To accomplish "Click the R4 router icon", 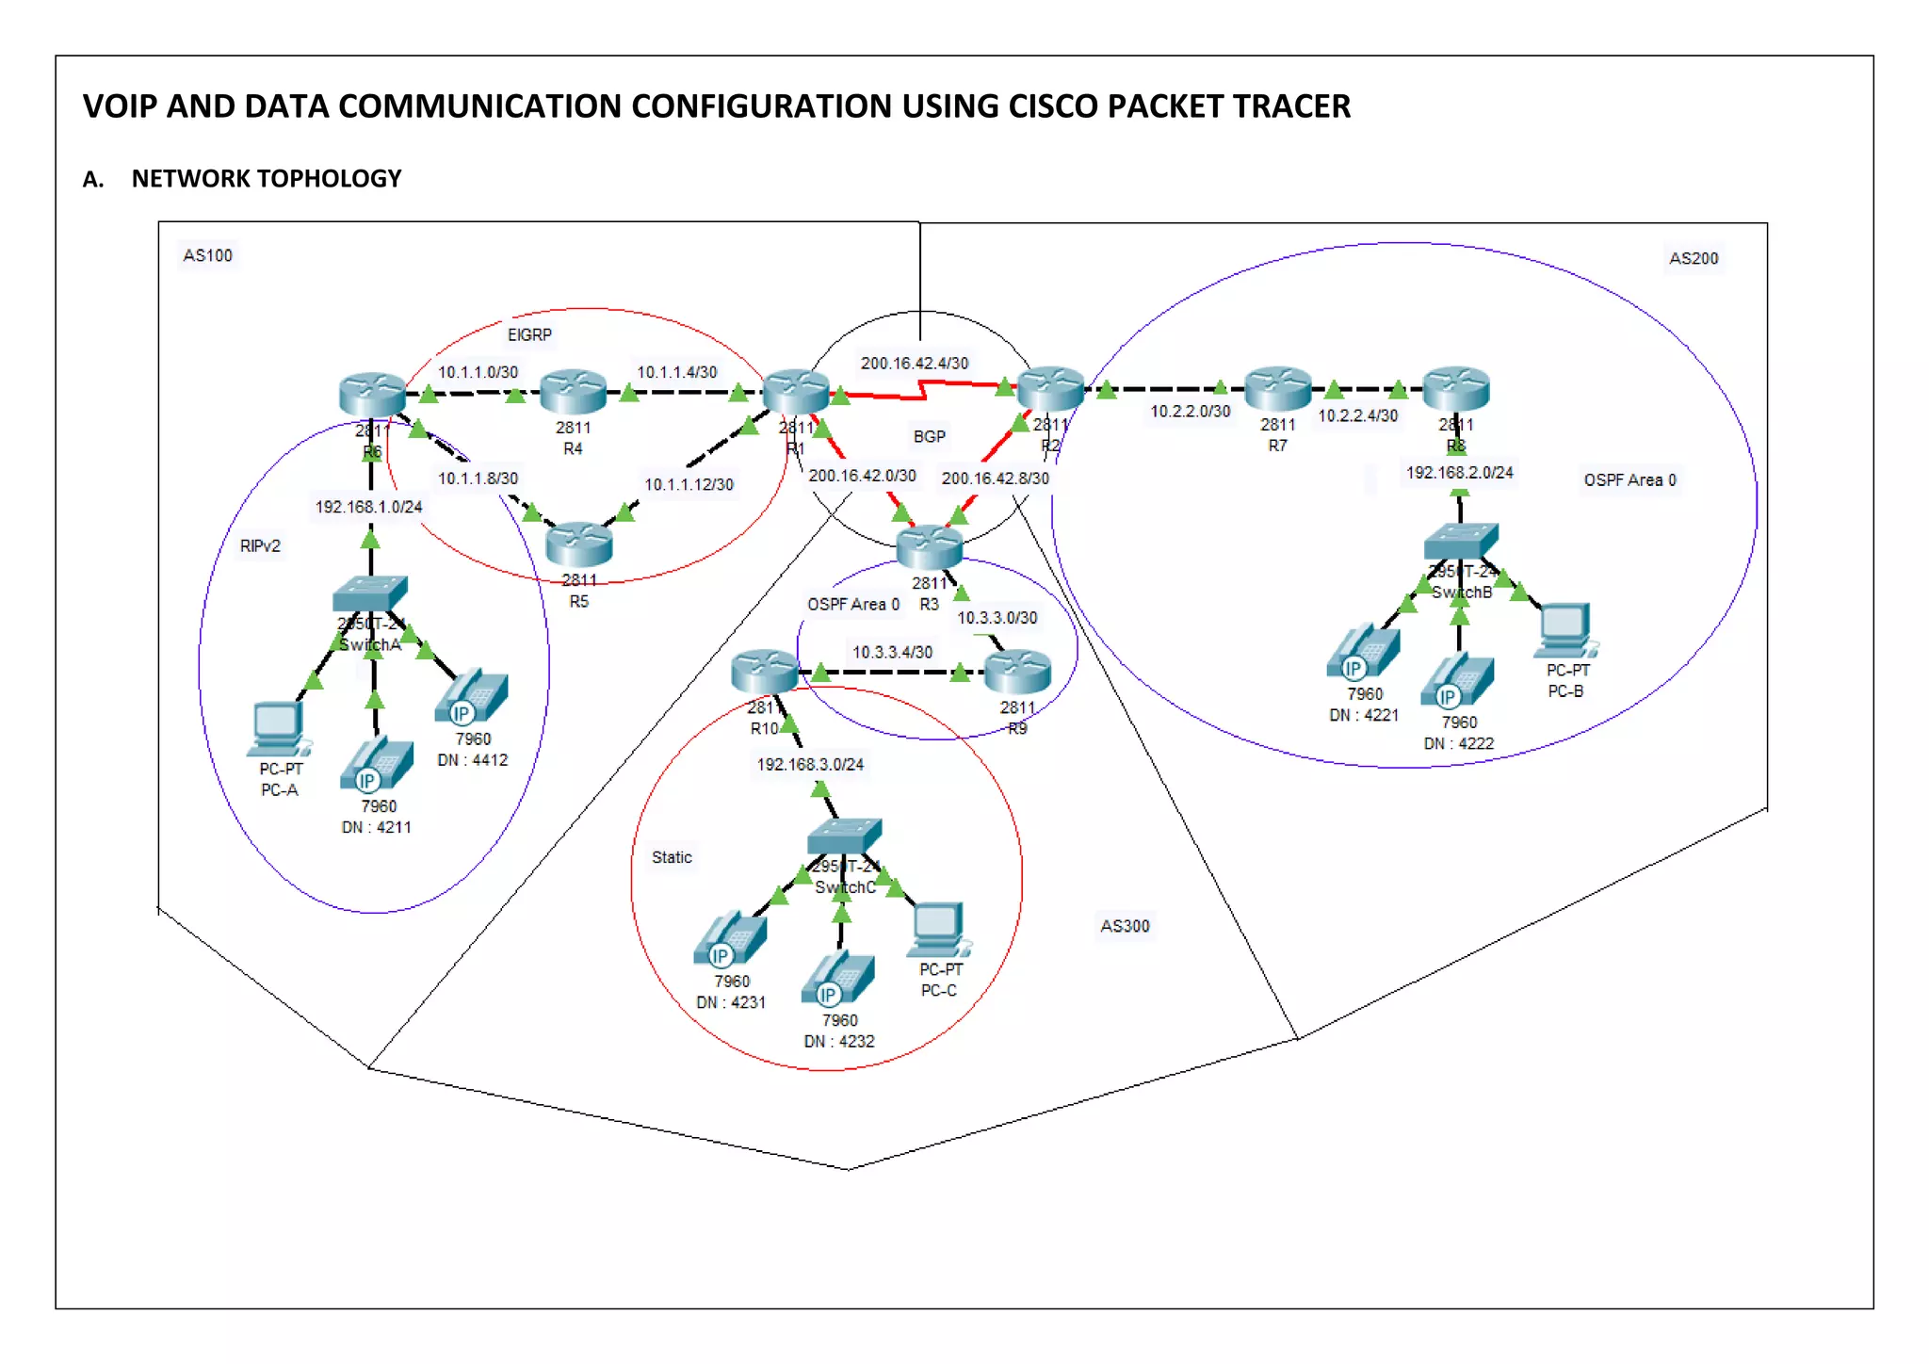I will (x=573, y=391).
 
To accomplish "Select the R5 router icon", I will (x=578, y=544).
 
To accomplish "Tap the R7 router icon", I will (x=1277, y=388).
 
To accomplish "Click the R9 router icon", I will (x=1017, y=671).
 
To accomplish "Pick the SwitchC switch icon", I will (x=845, y=836).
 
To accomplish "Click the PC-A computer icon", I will (x=278, y=728).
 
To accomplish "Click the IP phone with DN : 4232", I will (x=838, y=978).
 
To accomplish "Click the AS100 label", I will (x=207, y=255).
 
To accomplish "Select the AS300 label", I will (x=1125, y=926).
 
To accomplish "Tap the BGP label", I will (x=929, y=436).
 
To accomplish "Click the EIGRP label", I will (x=529, y=334).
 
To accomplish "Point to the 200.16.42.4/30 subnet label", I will (x=914, y=363).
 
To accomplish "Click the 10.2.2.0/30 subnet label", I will (x=1190, y=411).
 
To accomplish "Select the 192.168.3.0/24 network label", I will (x=810, y=764).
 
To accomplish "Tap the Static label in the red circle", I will (x=672, y=857).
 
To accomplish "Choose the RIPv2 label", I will (x=260, y=545).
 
